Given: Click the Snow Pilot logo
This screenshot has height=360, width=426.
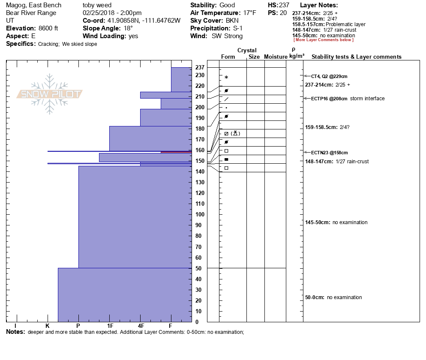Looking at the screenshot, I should tap(50, 94).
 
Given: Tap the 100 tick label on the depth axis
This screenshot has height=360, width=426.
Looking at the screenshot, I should tap(200, 214).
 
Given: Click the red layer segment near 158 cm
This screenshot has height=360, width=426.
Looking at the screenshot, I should tap(176, 152).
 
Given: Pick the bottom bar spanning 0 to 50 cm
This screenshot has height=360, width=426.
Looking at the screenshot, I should tap(125, 295).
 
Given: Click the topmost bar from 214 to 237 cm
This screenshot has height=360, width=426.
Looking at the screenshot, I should tap(181, 80).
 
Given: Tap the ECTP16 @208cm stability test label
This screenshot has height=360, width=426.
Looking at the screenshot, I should tap(329, 99).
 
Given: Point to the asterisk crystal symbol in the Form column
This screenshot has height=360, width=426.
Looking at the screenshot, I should tap(226, 78).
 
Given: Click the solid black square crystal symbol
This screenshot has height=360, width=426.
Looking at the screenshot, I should tap(226, 159).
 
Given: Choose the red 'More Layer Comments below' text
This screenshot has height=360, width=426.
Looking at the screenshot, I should tap(324, 40).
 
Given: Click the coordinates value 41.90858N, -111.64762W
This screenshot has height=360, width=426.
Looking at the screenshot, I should tap(144, 21).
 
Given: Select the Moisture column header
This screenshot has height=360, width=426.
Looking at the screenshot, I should tap(275, 57).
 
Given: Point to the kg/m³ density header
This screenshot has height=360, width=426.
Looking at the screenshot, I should tap(297, 56).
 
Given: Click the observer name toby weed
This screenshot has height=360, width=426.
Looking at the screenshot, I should tap(97, 5).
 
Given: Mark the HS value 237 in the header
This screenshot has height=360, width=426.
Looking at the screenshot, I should tap(284, 5).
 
